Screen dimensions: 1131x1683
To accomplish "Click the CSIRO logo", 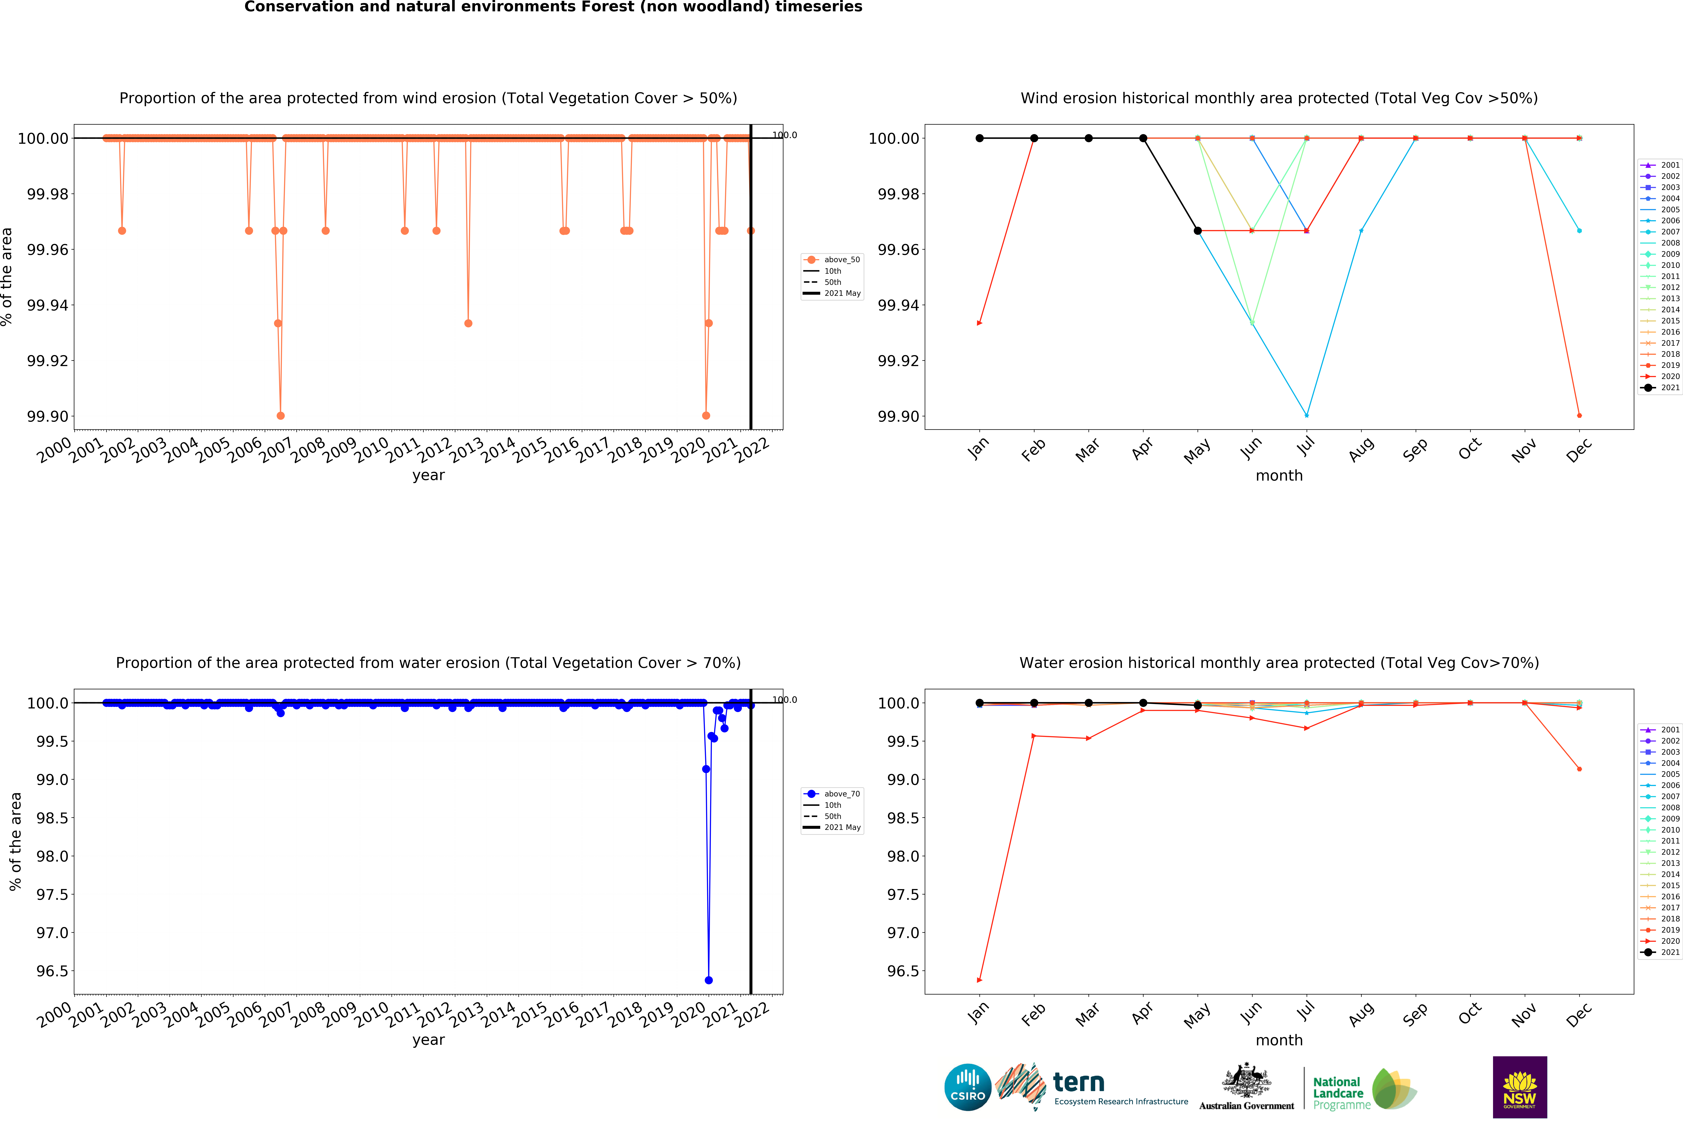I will [967, 1087].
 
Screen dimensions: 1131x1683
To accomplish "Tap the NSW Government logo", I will [1519, 1087].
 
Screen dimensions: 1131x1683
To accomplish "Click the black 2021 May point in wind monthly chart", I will [1198, 231].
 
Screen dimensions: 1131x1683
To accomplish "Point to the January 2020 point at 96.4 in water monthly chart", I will [980, 979].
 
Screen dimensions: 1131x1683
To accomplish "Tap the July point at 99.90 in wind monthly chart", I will [1306, 415].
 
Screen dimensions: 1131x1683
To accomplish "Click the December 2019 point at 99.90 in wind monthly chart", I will [1579, 415].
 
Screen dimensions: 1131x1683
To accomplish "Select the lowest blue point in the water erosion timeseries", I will [708, 979].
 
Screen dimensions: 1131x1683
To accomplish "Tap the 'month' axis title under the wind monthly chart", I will [1279, 475].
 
